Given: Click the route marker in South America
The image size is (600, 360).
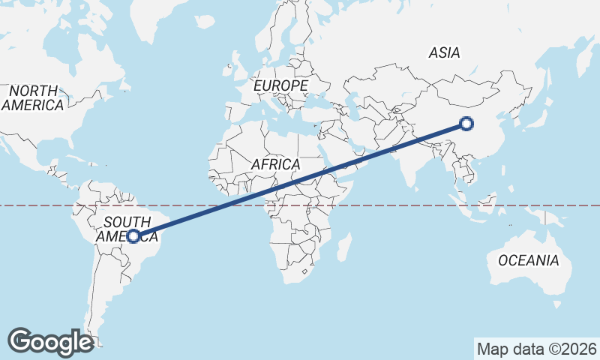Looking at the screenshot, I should (x=133, y=236).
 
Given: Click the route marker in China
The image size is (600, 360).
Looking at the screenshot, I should (x=466, y=124).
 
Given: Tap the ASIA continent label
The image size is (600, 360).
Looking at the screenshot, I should (x=445, y=53).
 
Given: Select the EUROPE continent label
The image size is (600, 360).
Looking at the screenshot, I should (x=280, y=86).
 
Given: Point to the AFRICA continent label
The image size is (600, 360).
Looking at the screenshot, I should (x=276, y=164).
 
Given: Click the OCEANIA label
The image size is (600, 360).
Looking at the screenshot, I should (x=529, y=261).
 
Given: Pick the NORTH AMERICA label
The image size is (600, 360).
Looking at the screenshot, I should (x=32, y=98).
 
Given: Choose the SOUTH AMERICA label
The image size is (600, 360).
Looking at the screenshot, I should (x=127, y=229).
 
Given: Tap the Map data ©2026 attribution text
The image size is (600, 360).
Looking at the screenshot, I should (x=537, y=349).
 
